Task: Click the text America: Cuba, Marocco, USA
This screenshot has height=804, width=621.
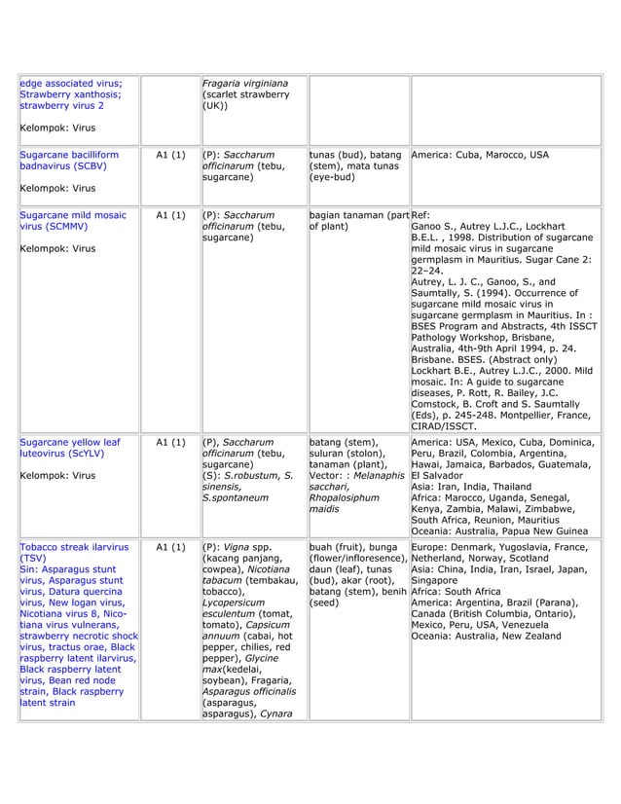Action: pyautogui.click(x=480, y=155)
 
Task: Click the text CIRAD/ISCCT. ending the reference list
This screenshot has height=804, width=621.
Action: pyautogui.click(x=443, y=425)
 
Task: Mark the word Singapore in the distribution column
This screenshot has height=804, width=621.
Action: pyautogui.click(x=439, y=580)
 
